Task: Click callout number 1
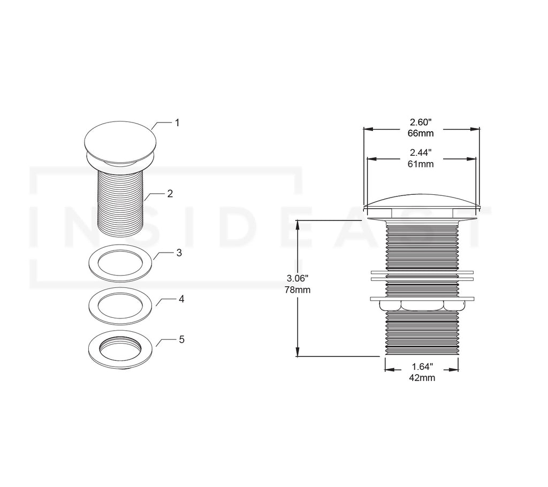pyautogui.click(x=177, y=123)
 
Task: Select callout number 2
pyautogui.click(x=170, y=194)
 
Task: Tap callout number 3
pyautogui.click(x=180, y=252)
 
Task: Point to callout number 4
pyautogui.click(x=181, y=299)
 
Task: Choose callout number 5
pyautogui.click(x=181, y=339)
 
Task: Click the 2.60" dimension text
pyautogui.click(x=421, y=123)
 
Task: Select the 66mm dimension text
pyautogui.click(x=421, y=133)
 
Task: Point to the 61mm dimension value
pyautogui.click(x=421, y=164)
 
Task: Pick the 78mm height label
pyautogui.click(x=298, y=289)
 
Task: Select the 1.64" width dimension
pyautogui.click(x=422, y=367)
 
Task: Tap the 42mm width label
pyautogui.click(x=422, y=377)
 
